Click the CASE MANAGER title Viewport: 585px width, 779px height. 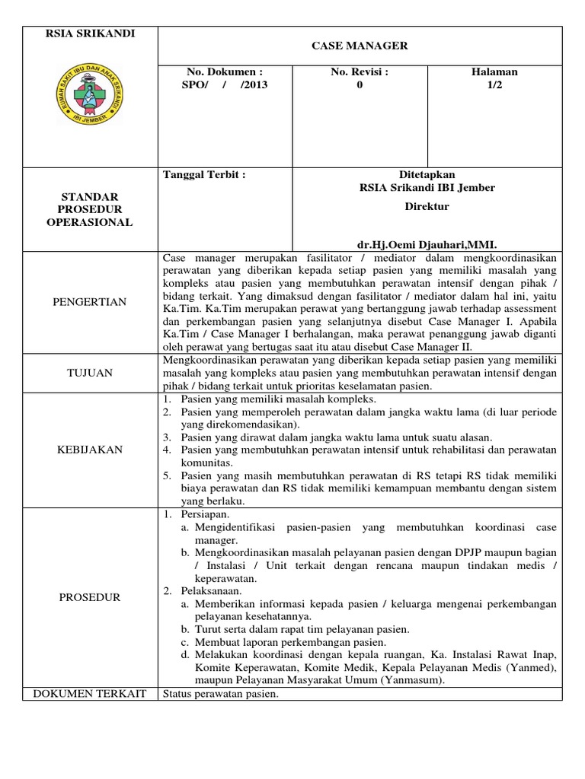point(360,46)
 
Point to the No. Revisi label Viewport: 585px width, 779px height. point(360,72)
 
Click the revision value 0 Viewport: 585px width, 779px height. point(360,85)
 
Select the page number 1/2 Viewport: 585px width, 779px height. point(495,85)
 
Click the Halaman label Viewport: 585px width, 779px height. point(495,72)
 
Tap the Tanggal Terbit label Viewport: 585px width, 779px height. point(205,174)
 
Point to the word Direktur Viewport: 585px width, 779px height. point(427,206)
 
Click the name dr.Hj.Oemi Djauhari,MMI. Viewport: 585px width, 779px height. point(427,246)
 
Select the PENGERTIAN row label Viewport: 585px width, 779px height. point(90,302)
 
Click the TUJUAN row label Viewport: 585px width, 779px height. point(90,373)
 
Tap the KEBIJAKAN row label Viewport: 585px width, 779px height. point(90,450)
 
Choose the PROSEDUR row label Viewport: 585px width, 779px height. point(90,597)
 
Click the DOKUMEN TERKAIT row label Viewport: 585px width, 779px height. point(90,695)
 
